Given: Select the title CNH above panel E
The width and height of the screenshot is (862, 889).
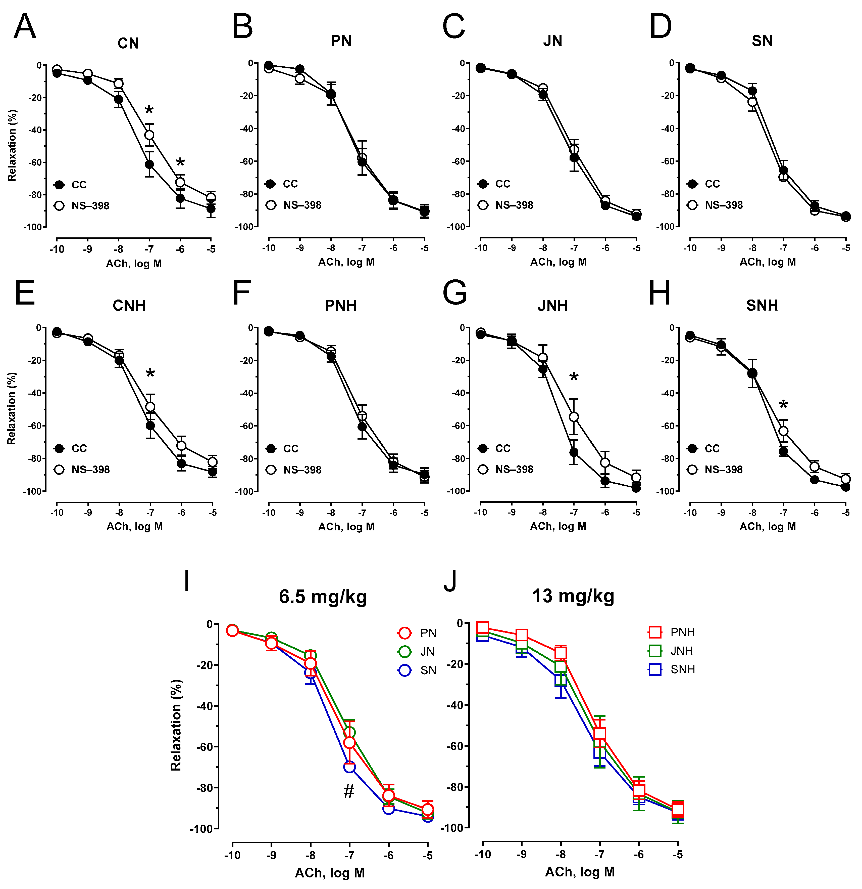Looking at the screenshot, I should click(x=129, y=306).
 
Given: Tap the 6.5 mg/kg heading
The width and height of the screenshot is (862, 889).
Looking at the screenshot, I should click(x=323, y=597).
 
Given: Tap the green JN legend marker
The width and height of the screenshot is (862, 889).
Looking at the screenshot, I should click(x=404, y=652).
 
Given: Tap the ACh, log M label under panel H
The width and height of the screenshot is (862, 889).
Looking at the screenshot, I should click(x=768, y=527).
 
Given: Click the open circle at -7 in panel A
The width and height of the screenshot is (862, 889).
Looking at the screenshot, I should click(x=149, y=135).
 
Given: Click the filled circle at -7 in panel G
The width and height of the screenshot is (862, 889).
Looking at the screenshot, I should click(x=574, y=452).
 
